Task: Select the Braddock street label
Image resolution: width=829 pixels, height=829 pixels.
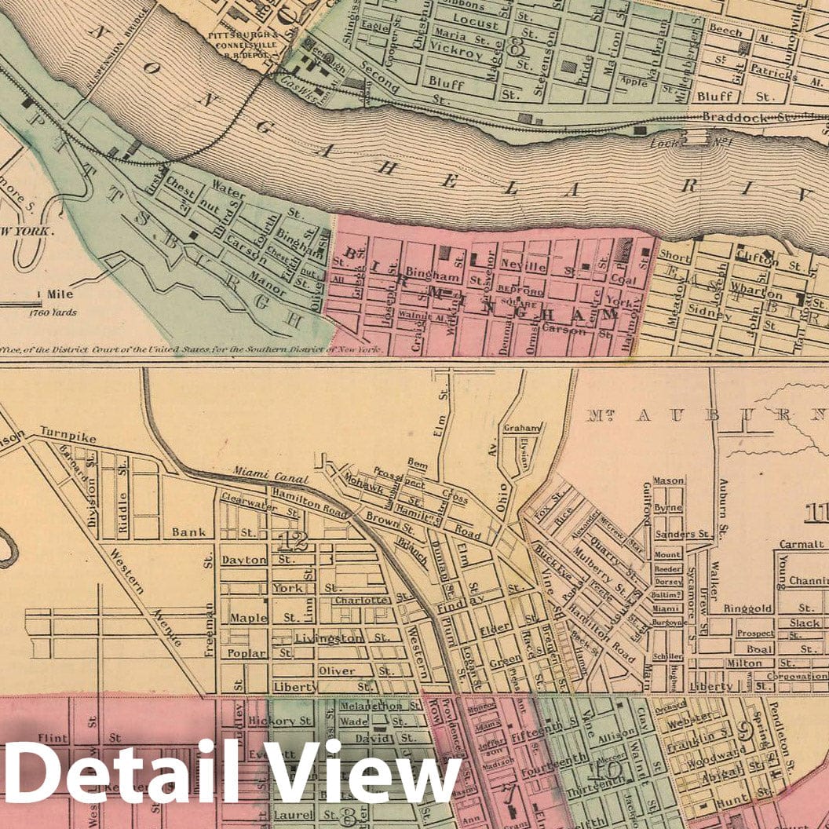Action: pos(739,118)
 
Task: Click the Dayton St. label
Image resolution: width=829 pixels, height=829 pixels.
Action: pos(245,560)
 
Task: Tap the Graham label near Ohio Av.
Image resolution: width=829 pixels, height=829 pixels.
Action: pos(522,428)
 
